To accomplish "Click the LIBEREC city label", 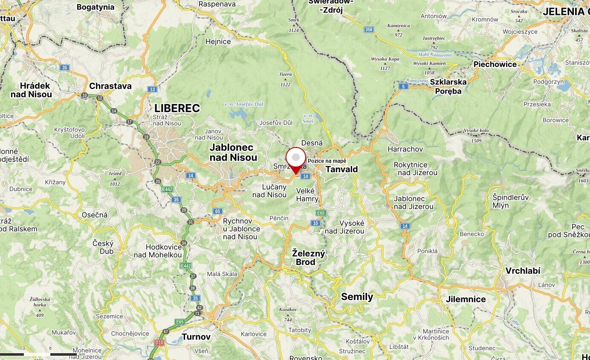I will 177,108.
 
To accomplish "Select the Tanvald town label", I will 341,169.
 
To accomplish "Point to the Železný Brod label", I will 309,257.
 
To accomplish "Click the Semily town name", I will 357,297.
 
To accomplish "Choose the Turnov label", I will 196,337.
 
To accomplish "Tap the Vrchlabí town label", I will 523,271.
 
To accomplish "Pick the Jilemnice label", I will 466,299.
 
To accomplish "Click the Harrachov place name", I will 405,149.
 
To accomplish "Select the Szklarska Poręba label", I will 448,86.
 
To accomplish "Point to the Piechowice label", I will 495,64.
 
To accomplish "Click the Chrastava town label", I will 110,86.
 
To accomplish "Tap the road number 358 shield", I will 369,29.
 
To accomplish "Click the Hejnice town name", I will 218,41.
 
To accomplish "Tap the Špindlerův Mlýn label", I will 510,201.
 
